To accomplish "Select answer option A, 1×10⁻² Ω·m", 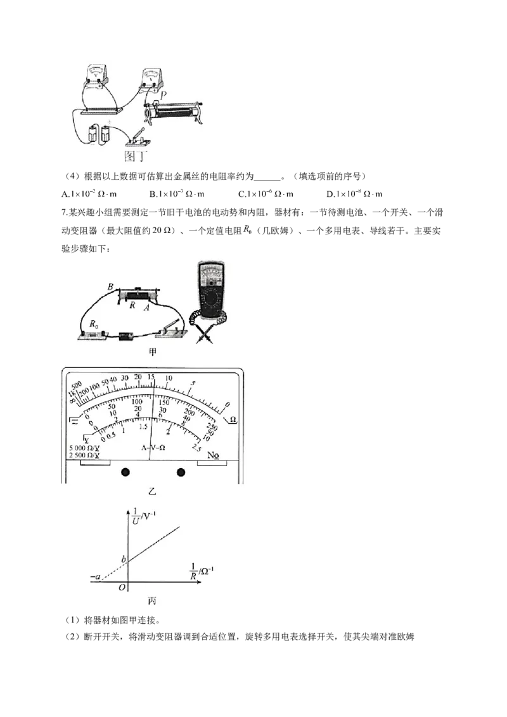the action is point(89,194).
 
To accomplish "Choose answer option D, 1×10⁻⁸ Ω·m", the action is point(354,194).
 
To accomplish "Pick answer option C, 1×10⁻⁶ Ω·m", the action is point(266,194).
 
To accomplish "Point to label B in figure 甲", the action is point(110,287).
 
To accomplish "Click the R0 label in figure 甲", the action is point(94,324).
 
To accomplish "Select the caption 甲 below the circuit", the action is point(152,352).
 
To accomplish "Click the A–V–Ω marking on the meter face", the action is point(153,448).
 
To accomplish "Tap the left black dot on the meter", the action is point(125,472).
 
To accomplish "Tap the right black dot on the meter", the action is point(181,472).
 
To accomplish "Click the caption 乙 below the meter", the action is point(152,492).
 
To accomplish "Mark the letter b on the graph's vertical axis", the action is point(123,559).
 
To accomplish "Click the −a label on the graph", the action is point(95,577).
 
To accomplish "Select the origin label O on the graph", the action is point(122,587).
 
